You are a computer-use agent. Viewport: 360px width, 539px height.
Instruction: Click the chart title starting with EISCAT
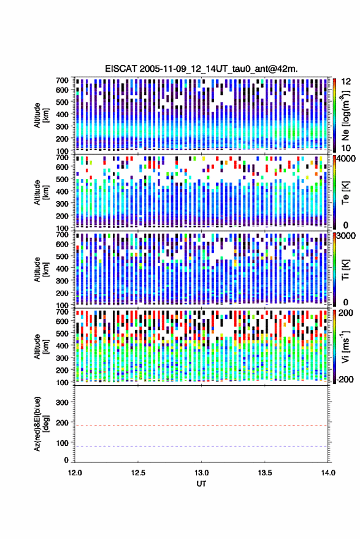[x=202, y=69]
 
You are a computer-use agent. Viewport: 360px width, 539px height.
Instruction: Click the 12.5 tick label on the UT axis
[x=138, y=473]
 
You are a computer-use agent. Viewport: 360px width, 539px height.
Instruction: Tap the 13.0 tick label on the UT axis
[x=202, y=473]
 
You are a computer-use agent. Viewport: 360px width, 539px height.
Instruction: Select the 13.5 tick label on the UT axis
[x=265, y=473]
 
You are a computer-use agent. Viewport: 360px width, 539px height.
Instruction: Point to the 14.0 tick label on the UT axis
[x=328, y=473]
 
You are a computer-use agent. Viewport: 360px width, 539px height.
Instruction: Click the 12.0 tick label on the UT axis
[x=75, y=473]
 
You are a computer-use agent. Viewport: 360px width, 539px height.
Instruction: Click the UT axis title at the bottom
[x=202, y=484]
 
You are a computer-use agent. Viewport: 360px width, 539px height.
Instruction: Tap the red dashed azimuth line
[x=202, y=426]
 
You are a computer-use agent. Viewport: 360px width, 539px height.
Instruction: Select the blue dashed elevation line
[x=202, y=446]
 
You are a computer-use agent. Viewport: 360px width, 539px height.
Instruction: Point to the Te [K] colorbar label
[x=345, y=193]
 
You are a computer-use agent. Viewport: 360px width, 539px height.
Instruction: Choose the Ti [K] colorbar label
[x=345, y=270]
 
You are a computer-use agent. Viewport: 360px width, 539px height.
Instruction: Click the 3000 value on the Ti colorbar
[x=347, y=236]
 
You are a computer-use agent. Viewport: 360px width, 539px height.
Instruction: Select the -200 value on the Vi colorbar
[x=345, y=380]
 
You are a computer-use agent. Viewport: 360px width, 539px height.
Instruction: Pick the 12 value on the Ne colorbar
[x=346, y=82]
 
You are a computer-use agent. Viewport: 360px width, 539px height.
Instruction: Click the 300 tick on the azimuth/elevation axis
[x=62, y=402]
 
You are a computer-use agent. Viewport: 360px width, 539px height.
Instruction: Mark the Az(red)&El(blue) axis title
[x=41, y=424]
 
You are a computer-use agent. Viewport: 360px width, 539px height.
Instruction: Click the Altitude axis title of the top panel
[x=41, y=115]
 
